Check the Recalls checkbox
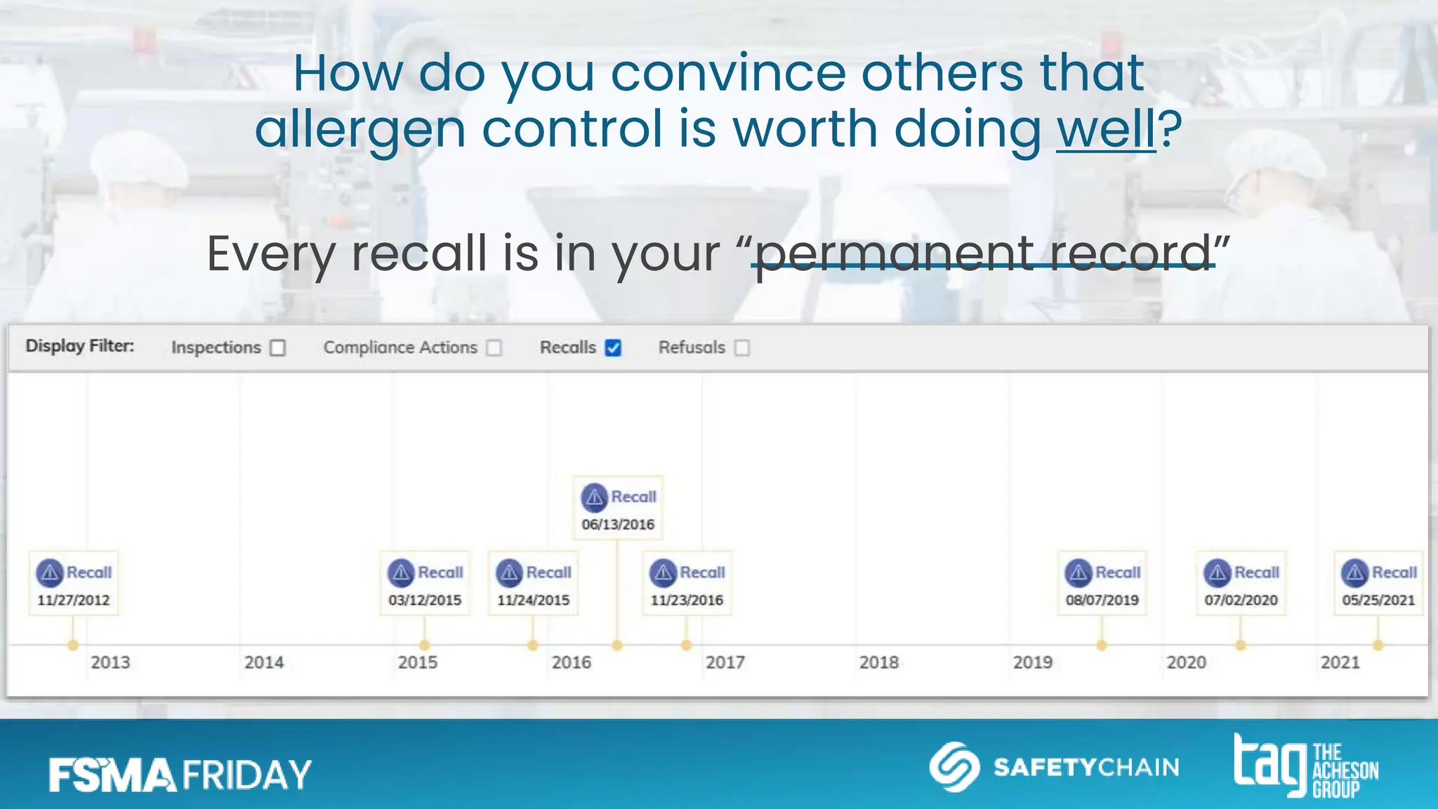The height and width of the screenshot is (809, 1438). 613,348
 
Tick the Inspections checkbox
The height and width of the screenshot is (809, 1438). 278,348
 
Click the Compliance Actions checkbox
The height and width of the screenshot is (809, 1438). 494,348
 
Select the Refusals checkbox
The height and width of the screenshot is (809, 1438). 742,348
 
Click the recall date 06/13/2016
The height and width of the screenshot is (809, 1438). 618,525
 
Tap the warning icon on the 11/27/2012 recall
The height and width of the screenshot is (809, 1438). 50,573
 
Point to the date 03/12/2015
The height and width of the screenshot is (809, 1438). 425,600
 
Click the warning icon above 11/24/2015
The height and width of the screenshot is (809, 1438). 510,573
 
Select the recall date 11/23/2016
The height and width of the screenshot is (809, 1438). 687,600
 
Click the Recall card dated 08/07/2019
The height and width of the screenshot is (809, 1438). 1102,584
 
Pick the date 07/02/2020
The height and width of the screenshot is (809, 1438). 1241,600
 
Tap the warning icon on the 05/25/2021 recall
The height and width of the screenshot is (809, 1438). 1355,573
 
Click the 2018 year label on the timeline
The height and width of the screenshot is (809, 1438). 878,662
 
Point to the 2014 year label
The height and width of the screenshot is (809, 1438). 264,662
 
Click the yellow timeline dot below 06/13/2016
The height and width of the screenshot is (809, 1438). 617,645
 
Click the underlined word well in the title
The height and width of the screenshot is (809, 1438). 1106,129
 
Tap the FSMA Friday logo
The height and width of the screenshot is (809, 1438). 180,775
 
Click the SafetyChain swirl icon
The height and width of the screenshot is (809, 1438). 954,767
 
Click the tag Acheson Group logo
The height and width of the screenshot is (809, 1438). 1306,767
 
